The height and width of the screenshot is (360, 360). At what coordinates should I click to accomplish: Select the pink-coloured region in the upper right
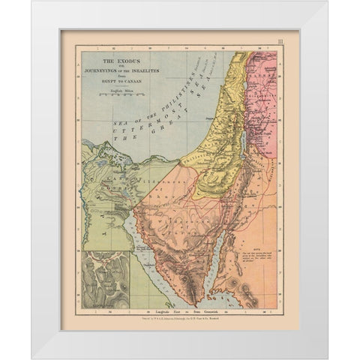click(267, 75)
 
